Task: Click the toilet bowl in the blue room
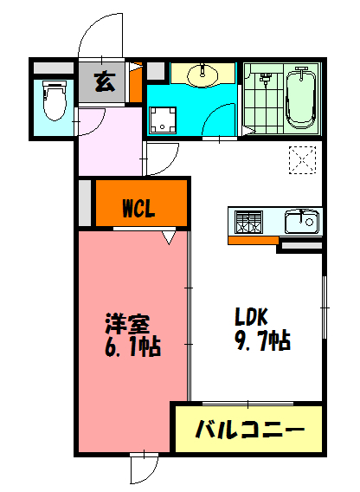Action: tap(54, 100)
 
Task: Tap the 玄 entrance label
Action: tap(103, 83)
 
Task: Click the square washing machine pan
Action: tap(163, 120)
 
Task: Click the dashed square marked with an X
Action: tap(301, 160)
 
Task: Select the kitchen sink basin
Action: tap(302, 223)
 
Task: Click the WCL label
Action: tap(139, 208)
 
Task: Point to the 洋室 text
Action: tap(127, 324)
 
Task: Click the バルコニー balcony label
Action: tap(248, 429)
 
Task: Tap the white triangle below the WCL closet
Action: tap(168, 236)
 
